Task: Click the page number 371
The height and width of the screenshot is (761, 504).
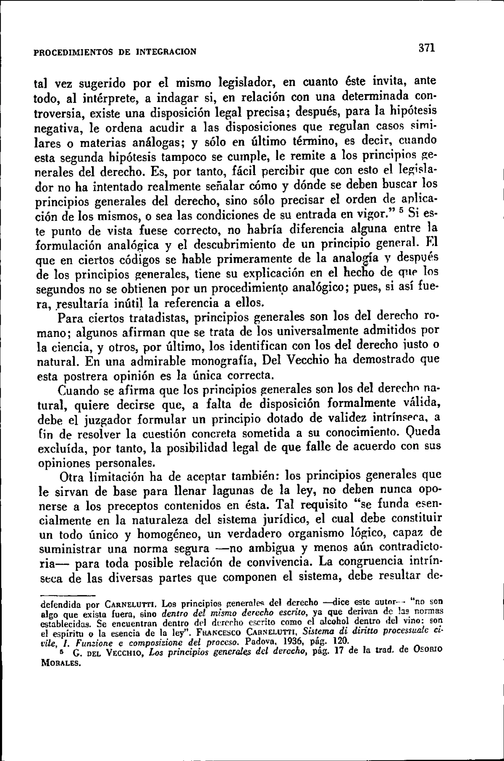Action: click(426, 48)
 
